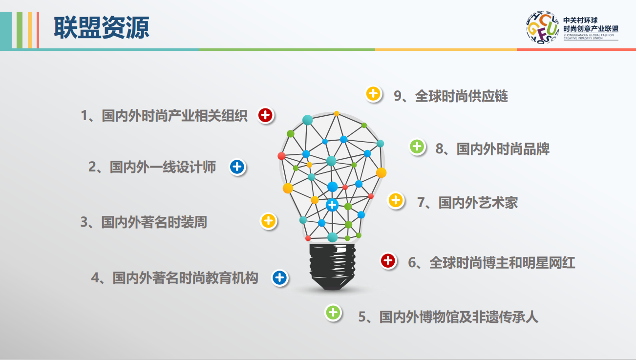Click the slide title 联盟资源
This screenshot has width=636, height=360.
click(102, 27)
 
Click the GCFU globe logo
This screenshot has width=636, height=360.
click(543, 27)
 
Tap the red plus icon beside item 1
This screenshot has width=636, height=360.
click(265, 115)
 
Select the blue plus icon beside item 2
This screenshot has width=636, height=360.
click(237, 167)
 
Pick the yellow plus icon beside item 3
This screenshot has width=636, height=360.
click(268, 221)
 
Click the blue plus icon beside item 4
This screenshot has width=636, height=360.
click(280, 277)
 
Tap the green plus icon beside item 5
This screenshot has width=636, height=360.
click(333, 313)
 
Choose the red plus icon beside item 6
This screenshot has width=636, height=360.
click(388, 260)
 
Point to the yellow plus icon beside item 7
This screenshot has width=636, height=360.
click(396, 200)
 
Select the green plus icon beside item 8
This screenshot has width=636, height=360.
click(417, 147)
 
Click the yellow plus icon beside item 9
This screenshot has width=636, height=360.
click(373, 94)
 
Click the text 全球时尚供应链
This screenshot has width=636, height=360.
click(462, 96)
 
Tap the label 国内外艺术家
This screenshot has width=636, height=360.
click(478, 203)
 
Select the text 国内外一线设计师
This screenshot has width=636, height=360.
click(163, 167)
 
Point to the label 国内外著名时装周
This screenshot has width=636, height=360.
click(154, 222)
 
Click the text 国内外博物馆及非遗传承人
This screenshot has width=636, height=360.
click(459, 317)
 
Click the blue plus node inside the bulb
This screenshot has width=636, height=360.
click(332, 205)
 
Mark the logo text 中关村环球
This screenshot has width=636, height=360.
click(580, 21)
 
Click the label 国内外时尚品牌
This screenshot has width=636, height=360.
click(503, 149)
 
